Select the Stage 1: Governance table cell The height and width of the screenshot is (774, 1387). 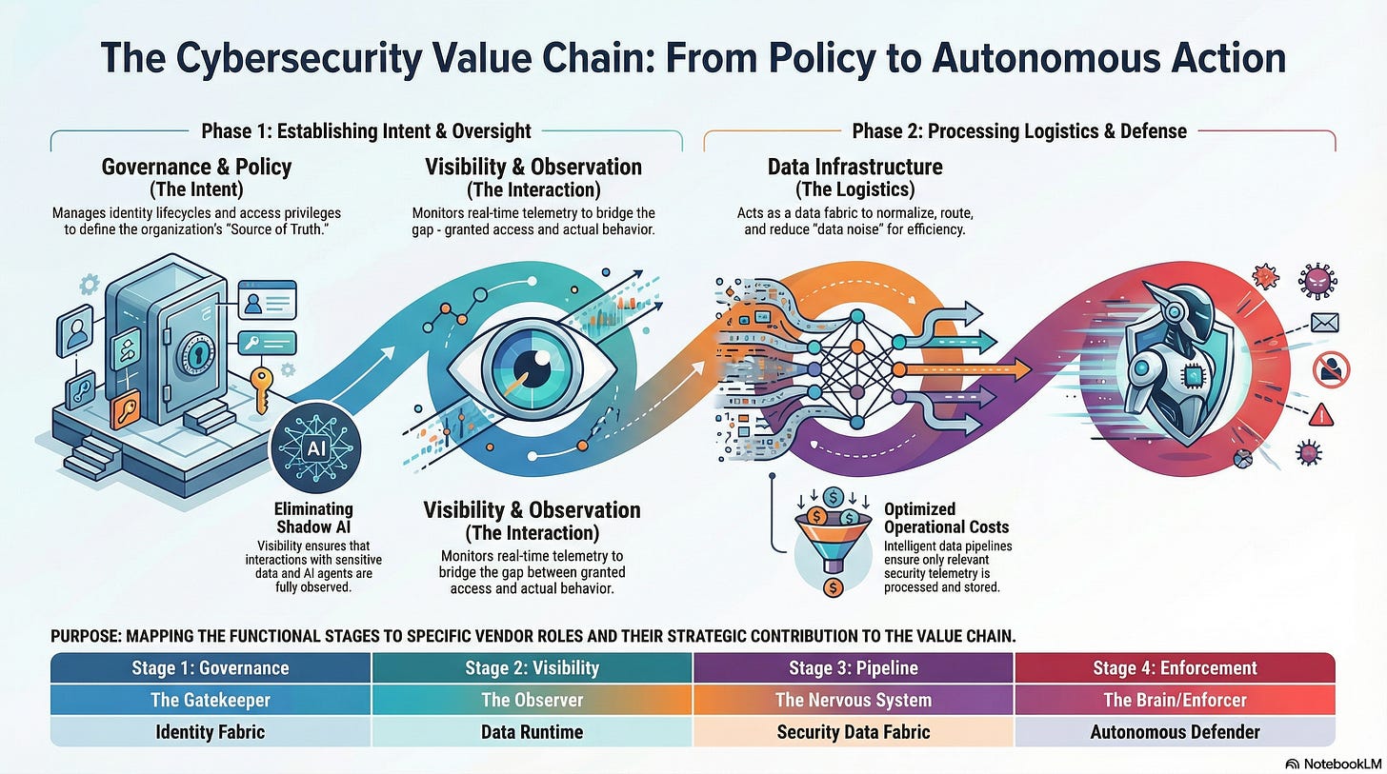point(210,667)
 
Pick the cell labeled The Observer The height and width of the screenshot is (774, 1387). point(532,700)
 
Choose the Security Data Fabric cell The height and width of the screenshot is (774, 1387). point(853,731)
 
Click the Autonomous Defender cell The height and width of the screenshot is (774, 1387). point(1175,731)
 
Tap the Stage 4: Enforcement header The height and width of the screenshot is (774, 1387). point(1175,667)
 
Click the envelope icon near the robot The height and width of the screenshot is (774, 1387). point(1324,323)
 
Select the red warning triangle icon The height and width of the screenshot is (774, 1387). point(1320,413)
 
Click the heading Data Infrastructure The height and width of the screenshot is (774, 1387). point(854,168)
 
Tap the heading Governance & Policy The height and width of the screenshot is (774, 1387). point(196,168)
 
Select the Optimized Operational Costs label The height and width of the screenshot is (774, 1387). point(946,518)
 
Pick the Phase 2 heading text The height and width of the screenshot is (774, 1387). point(1018,130)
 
